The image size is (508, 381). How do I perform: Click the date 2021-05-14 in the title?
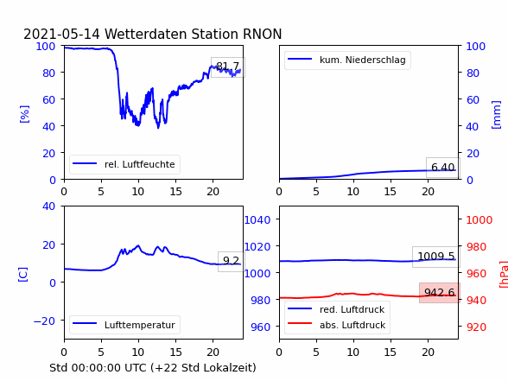coord(61,34)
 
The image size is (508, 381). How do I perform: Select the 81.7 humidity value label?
coord(228,67)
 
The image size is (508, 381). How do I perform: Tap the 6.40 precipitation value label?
coord(443,168)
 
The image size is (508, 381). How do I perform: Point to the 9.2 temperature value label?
coord(231,261)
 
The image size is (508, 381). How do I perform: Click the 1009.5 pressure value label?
coord(436,257)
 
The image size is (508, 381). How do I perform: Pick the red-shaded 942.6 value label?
coord(440,293)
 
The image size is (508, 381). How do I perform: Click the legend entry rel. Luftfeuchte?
coord(124,164)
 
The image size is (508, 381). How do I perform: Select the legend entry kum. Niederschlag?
coord(346,60)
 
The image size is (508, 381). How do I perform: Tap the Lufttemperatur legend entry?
coord(124,325)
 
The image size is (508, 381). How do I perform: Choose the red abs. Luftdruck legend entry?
coord(336,325)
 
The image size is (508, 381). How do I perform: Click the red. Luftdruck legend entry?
coord(336,309)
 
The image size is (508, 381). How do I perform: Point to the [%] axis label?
coord(24,114)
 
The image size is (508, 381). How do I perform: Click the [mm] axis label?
coord(496,115)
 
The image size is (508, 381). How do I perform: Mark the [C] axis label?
coord(22,275)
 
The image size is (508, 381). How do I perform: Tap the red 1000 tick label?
coord(479,220)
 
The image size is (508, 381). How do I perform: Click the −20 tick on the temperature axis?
coord(44,321)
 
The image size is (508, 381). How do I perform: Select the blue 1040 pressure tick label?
coord(257,220)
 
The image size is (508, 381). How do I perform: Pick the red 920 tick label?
coord(476,327)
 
